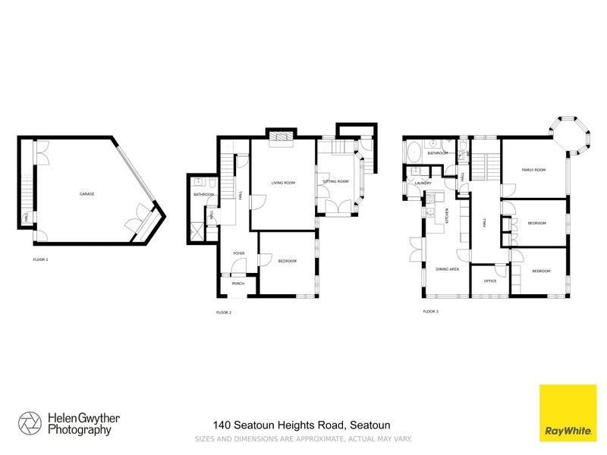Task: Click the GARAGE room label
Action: point(87,195)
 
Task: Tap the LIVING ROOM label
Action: point(283,183)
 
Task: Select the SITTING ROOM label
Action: point(335,182)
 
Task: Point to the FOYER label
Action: point(238,253)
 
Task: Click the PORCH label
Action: point(237,284)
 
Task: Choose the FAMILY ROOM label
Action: point(533,170)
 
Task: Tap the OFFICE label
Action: point(489,281)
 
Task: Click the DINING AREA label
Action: point(447,269)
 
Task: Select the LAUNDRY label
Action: point(423,184)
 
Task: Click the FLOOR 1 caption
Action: point(40,260)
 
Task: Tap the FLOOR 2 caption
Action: point(224,312)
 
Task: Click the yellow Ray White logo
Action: point(567,413)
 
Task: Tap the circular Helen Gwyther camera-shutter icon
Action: point(30,423)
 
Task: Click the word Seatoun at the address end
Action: point(370,425)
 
